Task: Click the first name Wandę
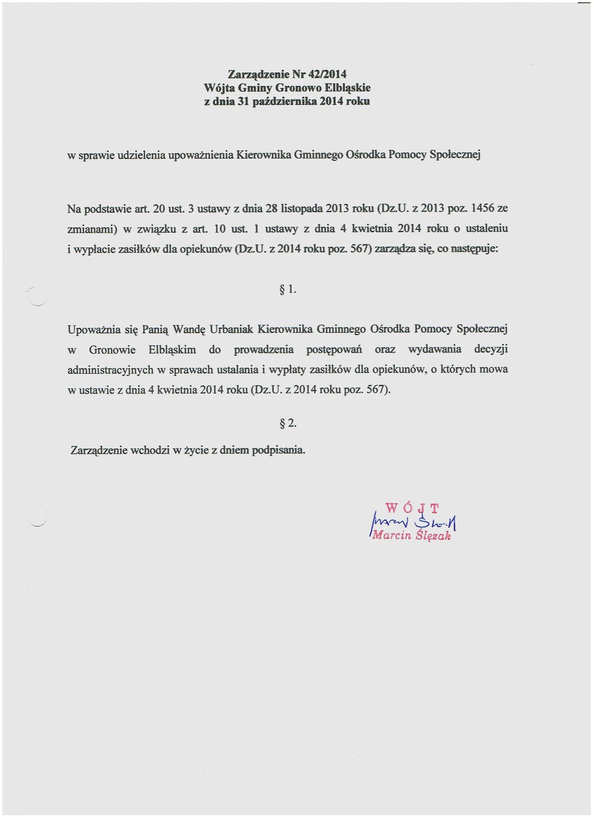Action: click(189, 330)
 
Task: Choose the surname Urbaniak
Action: click(231, 330)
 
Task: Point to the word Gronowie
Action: click(112, 350)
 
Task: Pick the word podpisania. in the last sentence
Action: click(279, 451)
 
